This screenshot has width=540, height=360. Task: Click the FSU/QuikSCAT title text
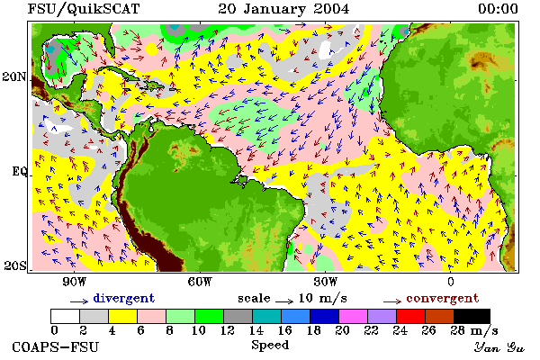(x=84, y=9)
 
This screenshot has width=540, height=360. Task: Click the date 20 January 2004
(x=283, y=9)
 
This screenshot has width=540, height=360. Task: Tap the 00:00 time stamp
(x=498, y=9)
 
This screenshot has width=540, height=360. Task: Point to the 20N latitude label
(x=14, y=76)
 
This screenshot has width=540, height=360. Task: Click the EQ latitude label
(x=19, y=171)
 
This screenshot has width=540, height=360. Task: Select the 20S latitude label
(x=15, y=265)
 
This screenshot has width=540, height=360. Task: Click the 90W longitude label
(x=74, y=282)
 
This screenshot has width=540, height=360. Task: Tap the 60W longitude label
(x=200, y=282)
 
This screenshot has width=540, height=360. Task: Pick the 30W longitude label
(x=326, y=282)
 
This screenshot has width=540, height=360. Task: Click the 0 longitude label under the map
(x=451, y=282)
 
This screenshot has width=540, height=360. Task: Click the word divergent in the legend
(x=124, y=298)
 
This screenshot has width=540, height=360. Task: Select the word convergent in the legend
(x=443, y=298)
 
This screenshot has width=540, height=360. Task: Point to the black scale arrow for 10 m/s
(x=284, y=301)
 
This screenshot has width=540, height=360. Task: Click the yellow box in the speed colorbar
(x=123, y=316)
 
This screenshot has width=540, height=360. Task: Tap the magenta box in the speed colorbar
(x=354, y=316)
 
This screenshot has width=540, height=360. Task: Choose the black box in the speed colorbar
(x=472, y=316)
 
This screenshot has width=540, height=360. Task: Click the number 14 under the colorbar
(x=256, y=330)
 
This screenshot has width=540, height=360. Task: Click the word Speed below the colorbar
(x=270, y=346)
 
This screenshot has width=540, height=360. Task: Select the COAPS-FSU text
(x=55, y=346)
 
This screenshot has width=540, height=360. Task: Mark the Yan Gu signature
(x=499, y=347)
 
